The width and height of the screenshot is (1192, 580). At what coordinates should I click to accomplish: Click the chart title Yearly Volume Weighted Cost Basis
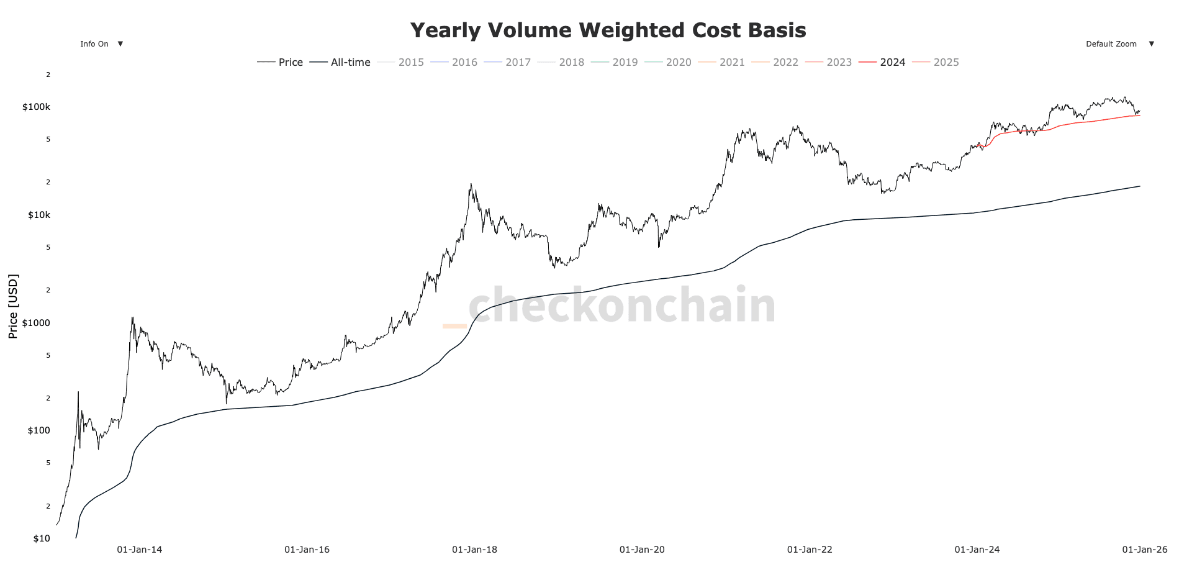[608, 30]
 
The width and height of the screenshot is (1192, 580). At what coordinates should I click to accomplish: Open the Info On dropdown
[101, 44]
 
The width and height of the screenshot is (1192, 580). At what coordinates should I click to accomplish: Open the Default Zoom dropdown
[1119, 44]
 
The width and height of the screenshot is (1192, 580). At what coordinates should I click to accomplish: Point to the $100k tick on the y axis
[36, 107]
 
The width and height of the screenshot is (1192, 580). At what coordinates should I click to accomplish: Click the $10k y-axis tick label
[38, 215]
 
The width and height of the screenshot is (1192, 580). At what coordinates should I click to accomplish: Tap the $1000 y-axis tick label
[36, 323]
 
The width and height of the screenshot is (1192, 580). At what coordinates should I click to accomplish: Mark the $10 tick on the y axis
[41, 538]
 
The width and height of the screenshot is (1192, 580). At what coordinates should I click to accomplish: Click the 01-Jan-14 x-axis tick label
[140, 550]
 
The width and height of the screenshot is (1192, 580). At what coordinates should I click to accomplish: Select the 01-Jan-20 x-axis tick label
[642, 550]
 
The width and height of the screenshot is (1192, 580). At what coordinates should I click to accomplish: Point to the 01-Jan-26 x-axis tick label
[1144, 550]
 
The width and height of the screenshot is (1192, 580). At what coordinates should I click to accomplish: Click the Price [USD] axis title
[13, 306]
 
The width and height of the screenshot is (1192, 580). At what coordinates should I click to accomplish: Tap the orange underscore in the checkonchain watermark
[454, 326]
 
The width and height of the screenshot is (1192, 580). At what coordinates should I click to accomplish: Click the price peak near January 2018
[471, 184]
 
